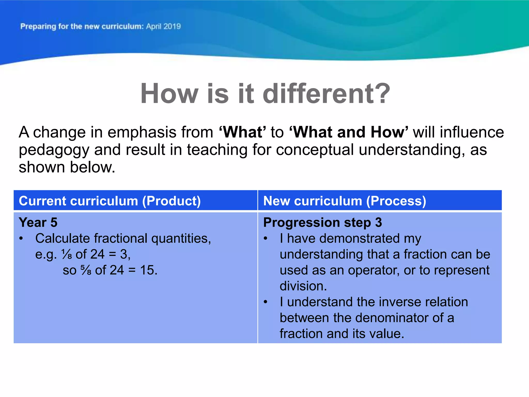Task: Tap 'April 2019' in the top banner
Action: click(x=163, y=26)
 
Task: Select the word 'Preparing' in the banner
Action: click(x=38, y=27)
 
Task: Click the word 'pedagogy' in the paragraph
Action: click(x=53, y=150)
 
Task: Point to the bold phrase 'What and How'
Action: click(x=349, y=132)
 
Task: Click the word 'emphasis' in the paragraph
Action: click(x=142, y=132)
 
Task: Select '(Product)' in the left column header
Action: click(x=172, y=201)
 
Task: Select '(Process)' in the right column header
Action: click(x=396, y=201)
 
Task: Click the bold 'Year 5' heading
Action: click(x=38, y=223)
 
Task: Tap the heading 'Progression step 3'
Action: click(x=322, y=223)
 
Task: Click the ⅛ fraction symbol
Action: click(x=67, y=254)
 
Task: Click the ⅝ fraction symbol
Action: click(x=86, y=270)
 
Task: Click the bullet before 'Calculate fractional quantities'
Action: click(x=21, y=239)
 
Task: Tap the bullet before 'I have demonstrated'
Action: click(x=266, y=239)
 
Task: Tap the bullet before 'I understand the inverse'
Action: click(x=266, y=302)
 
